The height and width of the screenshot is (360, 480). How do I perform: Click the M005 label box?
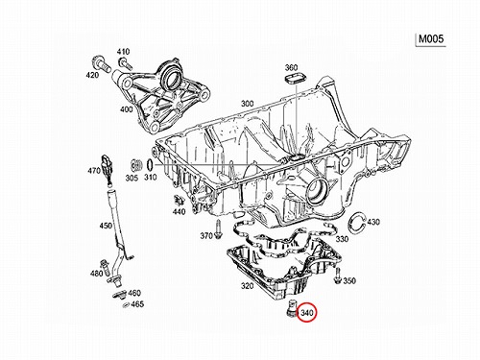431,39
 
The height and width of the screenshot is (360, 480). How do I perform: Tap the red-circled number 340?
307,313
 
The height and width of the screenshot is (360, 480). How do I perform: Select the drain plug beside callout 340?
291,308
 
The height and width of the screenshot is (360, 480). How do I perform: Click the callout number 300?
248,104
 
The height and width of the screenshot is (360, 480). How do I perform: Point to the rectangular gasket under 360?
295,79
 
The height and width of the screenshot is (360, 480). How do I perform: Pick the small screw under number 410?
125,63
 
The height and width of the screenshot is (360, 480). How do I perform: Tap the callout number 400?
127,109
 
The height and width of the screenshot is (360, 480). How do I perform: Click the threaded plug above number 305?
136,165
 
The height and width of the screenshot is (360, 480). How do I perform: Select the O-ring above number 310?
150,165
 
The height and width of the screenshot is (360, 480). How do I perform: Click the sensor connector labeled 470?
108,170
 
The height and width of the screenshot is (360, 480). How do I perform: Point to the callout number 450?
106,226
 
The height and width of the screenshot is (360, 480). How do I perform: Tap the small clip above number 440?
180,201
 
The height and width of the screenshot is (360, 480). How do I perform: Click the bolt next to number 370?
219,229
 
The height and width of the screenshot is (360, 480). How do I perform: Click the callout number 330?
342,239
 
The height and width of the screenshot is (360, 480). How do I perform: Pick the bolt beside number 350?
337,276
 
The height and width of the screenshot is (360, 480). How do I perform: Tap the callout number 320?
248,286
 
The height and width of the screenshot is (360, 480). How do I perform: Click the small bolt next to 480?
105,266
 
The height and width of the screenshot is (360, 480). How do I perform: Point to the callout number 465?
137,303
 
